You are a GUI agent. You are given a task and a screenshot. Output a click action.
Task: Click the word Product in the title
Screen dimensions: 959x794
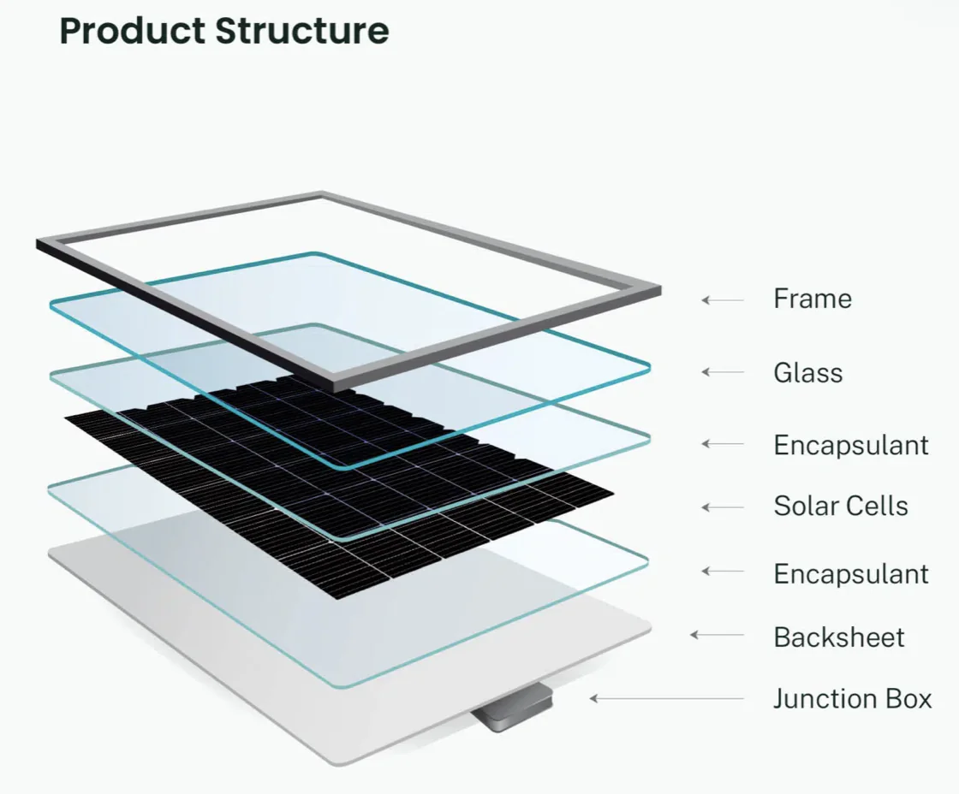[x=132, y=31]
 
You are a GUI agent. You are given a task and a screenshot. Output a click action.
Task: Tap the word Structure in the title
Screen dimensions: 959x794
[x=302, y=31]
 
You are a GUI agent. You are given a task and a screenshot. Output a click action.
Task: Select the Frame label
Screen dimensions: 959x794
[x=813, y=299]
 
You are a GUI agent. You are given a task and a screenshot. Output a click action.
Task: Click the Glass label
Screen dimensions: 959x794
[x=808, y=373]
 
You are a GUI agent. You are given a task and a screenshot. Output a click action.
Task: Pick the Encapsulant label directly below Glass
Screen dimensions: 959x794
[x=851, y=445]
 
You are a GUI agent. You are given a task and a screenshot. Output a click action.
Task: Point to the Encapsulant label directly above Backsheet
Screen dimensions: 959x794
[x=851, y=574]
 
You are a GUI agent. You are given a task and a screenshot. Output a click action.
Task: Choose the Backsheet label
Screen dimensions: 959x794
[x=838, y=637]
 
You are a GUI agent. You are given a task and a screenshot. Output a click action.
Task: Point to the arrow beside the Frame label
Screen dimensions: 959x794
[x=723, y=300]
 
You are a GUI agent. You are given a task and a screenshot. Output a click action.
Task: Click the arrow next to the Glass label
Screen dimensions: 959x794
[x=723, y=372]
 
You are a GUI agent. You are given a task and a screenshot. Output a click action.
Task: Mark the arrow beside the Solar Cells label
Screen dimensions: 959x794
[x=723, y=507]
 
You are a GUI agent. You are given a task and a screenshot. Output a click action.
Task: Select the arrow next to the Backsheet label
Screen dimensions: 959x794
[x=717, y=635]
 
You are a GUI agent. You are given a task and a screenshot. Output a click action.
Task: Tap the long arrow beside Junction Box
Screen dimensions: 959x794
[x=667, y=698]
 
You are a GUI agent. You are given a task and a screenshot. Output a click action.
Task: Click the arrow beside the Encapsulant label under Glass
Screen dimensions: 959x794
[x=723, y=444]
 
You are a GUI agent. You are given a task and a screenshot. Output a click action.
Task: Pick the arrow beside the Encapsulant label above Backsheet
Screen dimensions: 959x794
[x=723, y=572]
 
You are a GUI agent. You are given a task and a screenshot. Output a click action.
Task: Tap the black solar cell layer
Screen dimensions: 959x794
[x=339, y=489]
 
